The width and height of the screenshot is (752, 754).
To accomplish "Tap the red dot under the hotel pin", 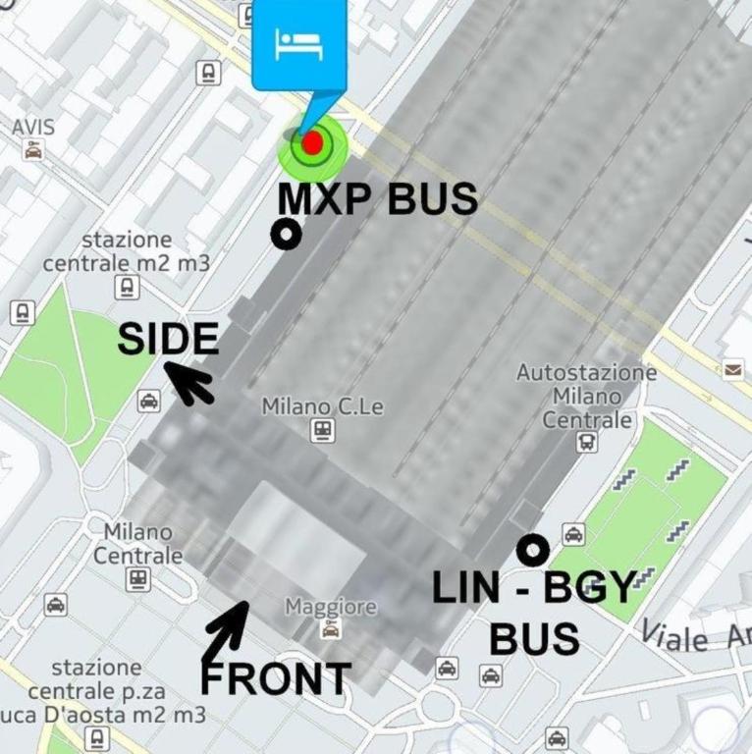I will (x=312, y=144).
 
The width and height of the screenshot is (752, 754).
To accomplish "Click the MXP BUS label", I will (x=377, y=199).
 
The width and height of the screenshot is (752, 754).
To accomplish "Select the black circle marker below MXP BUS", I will (x=287, y=234).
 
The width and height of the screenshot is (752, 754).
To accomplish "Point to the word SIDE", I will (x=168, y=340).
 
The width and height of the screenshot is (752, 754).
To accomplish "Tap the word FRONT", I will (x=276, y=678).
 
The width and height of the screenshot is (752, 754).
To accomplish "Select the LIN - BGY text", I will (x=535, y=588).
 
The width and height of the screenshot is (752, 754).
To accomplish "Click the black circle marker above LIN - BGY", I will (x=533, y=550).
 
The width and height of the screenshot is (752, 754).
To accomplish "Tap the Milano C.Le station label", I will (x=322, y=406).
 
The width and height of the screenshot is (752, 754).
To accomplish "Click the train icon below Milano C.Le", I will (x=321, y=430).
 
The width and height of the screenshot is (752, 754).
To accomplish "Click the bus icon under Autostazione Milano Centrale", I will (x=587, y=442).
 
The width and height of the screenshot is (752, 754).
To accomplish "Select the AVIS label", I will (x=33, y=128).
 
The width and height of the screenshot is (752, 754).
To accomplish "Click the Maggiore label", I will (x=331, y=608).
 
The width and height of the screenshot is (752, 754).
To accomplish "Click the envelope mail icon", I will (x=733, y=369).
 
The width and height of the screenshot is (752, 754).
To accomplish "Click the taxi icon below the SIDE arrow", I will (x=148, y=401).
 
